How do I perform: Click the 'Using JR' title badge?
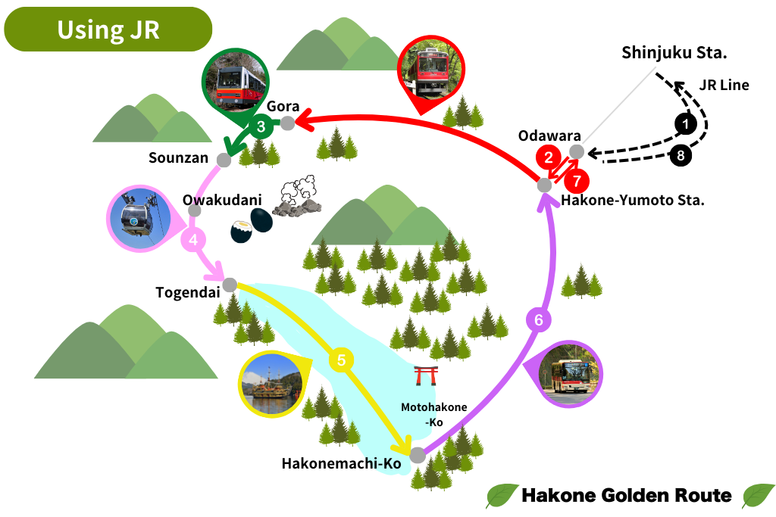[x=108, y=30]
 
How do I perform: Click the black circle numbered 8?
[x=681, y=156]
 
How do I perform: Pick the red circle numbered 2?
[x=546, y=157]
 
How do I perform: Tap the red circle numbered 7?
[x=577, y=181]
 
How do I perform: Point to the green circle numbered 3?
[x=261, y=126]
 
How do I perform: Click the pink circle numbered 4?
[x=193, y=240]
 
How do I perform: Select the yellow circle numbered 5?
[x=341, y=360]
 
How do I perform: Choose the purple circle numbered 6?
[x=539, y=320]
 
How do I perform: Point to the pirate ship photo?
[x=271, y=385]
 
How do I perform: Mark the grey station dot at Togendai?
[x=230, y=285]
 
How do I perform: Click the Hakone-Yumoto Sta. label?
[x=633, y=201]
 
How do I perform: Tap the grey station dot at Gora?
[x=288, y=123]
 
